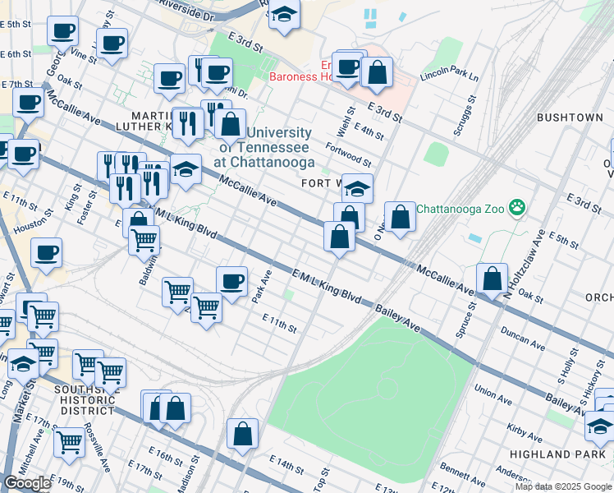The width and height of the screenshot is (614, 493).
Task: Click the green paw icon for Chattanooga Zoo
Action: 517,208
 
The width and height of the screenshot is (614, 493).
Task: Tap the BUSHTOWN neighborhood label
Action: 570,117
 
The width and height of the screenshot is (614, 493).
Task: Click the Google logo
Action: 27,483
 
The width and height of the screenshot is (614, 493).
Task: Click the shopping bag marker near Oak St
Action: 492,279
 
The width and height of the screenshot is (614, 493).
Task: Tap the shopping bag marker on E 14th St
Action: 243,435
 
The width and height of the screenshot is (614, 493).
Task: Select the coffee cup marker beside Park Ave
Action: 232,283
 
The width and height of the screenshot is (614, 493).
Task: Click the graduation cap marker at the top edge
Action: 284,15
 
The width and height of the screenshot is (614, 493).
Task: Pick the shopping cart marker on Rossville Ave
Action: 69,441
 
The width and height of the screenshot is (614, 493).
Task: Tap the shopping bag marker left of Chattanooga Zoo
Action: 400,218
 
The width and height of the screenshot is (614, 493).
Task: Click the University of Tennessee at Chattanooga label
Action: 263,147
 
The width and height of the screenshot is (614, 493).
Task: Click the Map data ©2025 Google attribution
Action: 563,486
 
